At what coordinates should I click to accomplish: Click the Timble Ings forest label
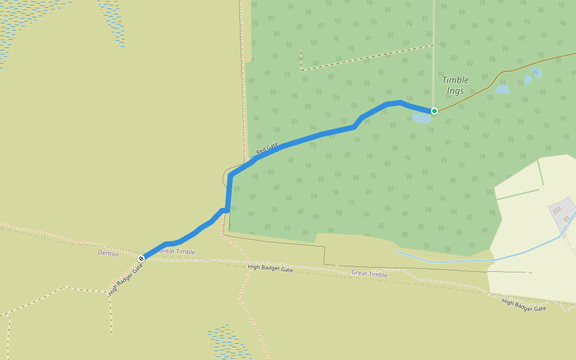pyautogui.click(x=455, y=85)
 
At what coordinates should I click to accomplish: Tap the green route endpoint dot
pyautogui.click(x=434, y=111)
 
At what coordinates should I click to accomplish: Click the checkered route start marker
pyautogui.click(x=141, y=259)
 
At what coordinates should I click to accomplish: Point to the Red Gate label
pyautogui.click(x=267, y=148)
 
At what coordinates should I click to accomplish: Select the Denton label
pyautogui.click(x=108, y=254)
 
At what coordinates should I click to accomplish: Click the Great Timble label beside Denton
pyautogui.click(x=177, y=251)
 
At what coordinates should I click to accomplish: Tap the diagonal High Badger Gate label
pyautogui.click(x=125, y=280)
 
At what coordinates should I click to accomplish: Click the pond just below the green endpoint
pyautogui.click(x=422, y=118)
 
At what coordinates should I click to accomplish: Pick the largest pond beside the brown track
pyautogui.click(x=502, y=89)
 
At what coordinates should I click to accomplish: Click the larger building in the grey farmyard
pyautogui.click(x=557, y=210)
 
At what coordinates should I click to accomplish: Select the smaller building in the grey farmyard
pyautogui.click(x=566, y=219)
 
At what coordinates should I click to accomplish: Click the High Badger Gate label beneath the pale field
pyautogui.click(x=524, y=305)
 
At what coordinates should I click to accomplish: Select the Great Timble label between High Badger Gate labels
pyautogui.click(x=370, y=274)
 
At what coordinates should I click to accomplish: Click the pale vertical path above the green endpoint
pyautogui.click(x=433, y=54)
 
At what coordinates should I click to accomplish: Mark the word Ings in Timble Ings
pyautogui.click(x=455, y=91)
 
